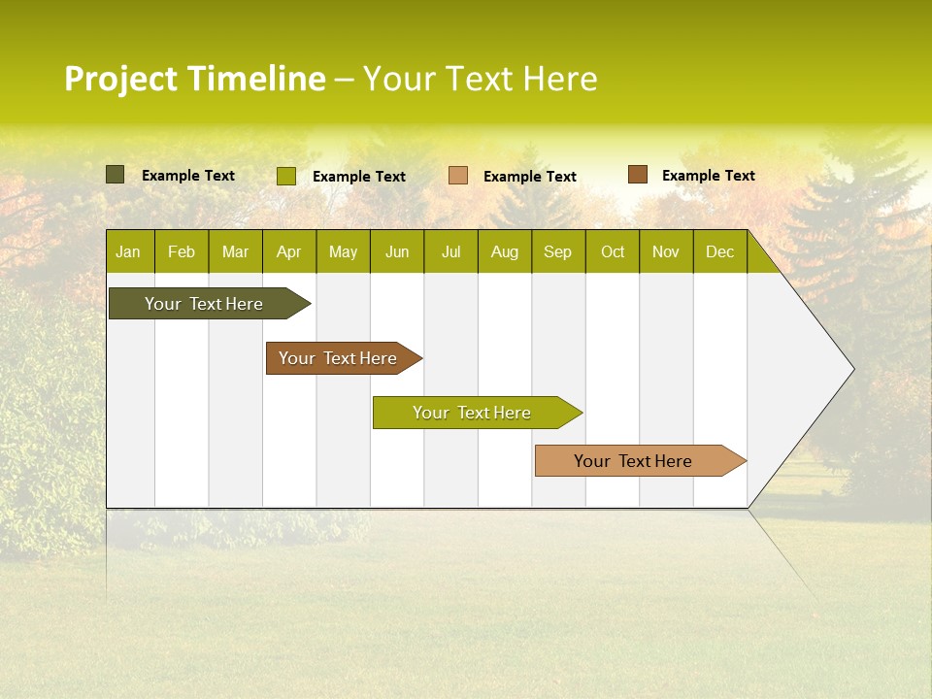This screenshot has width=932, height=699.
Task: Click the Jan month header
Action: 128,251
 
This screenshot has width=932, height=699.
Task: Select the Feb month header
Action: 182,251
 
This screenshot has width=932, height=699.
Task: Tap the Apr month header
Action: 288,251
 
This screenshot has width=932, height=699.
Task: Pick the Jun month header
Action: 397,251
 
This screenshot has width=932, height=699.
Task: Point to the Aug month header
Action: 504,251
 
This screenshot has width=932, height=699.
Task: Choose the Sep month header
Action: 557,251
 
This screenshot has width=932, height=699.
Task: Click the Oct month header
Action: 613,251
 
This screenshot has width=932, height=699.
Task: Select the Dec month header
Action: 719,251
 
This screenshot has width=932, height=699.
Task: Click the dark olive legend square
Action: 116,175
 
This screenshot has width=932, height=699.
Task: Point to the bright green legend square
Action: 286,176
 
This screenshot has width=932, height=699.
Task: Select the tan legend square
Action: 458,176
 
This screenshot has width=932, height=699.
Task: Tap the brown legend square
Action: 637,175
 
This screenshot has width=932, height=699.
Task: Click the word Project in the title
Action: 120,79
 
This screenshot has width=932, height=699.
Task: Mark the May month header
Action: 343,251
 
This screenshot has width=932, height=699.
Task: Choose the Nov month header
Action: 666,251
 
